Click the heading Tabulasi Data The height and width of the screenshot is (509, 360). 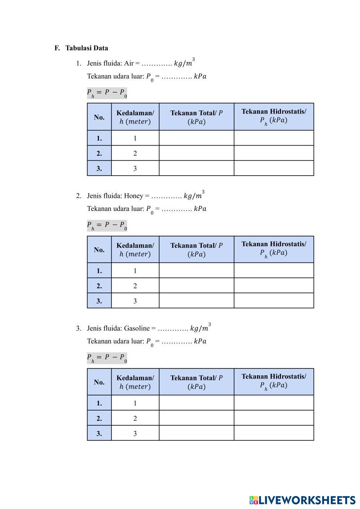(x=86, y=48)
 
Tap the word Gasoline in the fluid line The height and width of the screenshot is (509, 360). (x=137, y=328)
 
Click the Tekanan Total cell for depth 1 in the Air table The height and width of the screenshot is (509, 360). (x=196, y=138)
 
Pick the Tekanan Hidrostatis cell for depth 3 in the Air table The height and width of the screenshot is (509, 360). (x=274, y=168)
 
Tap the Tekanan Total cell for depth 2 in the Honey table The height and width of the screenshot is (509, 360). (x=196, y=286)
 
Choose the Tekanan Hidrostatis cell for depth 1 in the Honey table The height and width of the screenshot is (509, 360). (x=274, y=270)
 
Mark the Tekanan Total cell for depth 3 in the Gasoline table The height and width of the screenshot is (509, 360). (x=196, y=433)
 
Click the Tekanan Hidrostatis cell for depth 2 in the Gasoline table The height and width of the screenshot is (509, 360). (x=274, y=418)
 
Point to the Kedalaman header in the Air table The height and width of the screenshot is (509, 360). (x=135, y=117)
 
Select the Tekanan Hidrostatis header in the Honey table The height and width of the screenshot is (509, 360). (x=274, y=249)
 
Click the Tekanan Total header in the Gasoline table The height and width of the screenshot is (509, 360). (x=196, y=382)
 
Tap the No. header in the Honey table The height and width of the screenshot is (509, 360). (x=99, y=249)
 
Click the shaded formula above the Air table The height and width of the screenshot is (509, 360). (x=107, y=93)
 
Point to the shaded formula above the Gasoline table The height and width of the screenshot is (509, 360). (x=107, y=358)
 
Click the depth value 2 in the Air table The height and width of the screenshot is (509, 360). (x=135, y=154)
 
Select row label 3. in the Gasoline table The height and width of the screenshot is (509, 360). (x=99, y=433)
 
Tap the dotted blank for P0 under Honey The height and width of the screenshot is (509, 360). (x=177, y=209)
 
